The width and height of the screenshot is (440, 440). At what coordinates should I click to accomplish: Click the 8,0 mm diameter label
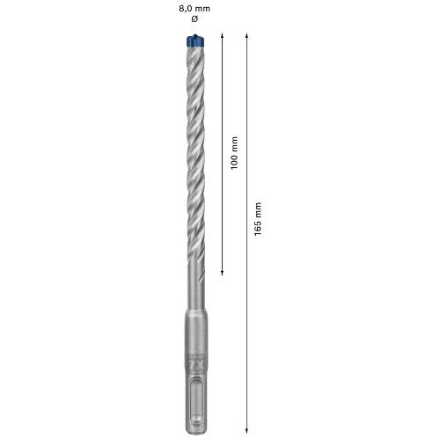coord(194,9)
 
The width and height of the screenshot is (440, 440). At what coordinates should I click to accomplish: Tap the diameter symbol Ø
coord(194,18)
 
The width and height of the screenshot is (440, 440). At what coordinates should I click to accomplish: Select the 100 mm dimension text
coord(234,153)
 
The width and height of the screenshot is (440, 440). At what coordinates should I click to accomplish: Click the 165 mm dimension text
coord(258,219)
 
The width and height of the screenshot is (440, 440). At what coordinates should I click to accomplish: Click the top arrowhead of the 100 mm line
coord(222,36)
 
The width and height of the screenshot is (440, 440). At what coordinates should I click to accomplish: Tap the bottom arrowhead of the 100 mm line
coord(222,273)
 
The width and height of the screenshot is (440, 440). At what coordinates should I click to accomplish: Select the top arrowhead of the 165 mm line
coord(247,36)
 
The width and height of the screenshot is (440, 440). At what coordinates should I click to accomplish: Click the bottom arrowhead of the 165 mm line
coord(247,430)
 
